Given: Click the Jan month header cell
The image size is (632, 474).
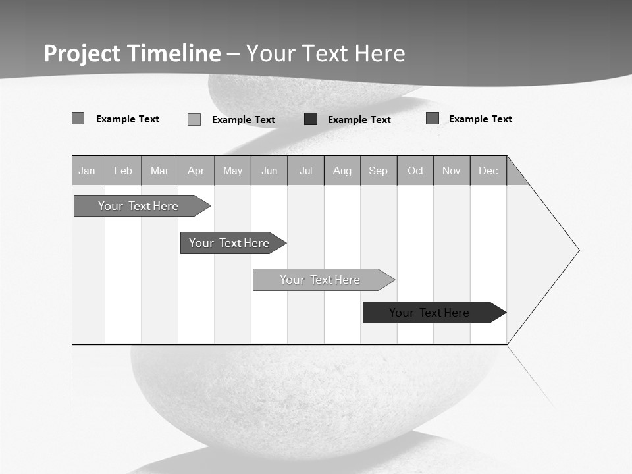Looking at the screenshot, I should [x=88, y=171].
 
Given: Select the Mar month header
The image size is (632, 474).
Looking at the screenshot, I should [x=159, y=171].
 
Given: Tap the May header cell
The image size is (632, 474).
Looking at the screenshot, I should [x=232, y=171].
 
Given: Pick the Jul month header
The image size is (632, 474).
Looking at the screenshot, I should [x=305, y=171].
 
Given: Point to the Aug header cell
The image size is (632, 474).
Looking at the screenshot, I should [x=342, y=171].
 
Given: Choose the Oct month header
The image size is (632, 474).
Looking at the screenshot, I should [x=415, y=171].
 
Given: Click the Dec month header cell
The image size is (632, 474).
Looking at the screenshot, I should [x=488, y=171].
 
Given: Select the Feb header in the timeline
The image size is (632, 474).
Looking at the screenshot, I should [x=123, y=171].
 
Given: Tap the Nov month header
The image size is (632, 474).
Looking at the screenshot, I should [x=452, y=171].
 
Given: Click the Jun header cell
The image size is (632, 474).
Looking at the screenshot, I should [x=269, y=171].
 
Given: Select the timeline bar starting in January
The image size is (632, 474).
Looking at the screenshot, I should [x=138, y=206].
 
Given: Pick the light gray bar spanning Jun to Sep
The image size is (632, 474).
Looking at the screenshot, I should [x=321, y=280].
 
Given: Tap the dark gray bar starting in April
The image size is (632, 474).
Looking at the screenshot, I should [x=230, y=243].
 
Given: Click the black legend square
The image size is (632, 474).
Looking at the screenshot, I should [x=311, y=119].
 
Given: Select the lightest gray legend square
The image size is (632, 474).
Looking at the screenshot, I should [x=194, y=119].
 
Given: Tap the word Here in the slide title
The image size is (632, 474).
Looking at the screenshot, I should [x=380, y=53].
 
